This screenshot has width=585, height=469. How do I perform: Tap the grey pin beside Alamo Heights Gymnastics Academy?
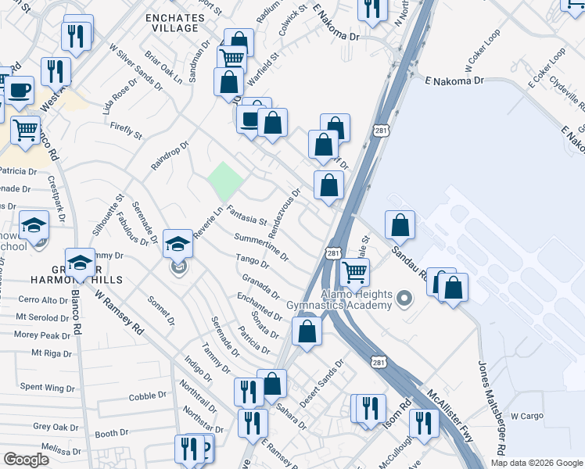click(404, 298)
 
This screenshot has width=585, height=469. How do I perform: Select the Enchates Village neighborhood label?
click(172, 21)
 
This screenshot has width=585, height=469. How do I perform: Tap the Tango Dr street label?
click(253, 261)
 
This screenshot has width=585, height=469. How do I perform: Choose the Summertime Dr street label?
click(261, 245)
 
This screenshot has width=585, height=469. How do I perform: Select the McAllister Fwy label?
click(449, 417)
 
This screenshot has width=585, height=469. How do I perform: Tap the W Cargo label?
click(526, 417)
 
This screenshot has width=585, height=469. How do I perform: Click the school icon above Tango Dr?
click(178, 243)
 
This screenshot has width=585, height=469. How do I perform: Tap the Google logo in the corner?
click(27, 460)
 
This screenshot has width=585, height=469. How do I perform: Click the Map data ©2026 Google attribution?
click(537, 463)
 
